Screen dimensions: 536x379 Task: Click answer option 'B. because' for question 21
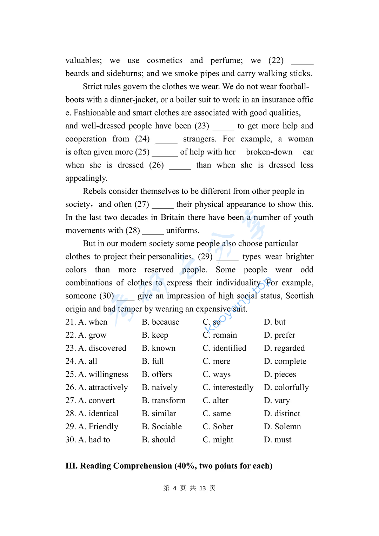160,322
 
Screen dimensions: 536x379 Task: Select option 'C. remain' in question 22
220,335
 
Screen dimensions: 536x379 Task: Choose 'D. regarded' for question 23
284,348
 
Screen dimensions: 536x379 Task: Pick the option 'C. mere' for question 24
217,361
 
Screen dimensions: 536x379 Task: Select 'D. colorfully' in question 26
286,387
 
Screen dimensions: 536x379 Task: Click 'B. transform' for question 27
164,401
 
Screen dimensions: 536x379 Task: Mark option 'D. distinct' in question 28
282,413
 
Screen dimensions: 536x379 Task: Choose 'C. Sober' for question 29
218,426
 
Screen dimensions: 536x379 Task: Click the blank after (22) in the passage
302,61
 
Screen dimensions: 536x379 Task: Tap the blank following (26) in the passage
180,166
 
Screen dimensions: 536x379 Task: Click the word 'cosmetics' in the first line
165,60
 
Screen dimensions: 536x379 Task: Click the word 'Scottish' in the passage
299,296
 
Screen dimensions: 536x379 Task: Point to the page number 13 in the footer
202,488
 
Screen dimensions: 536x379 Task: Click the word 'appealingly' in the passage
86,178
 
